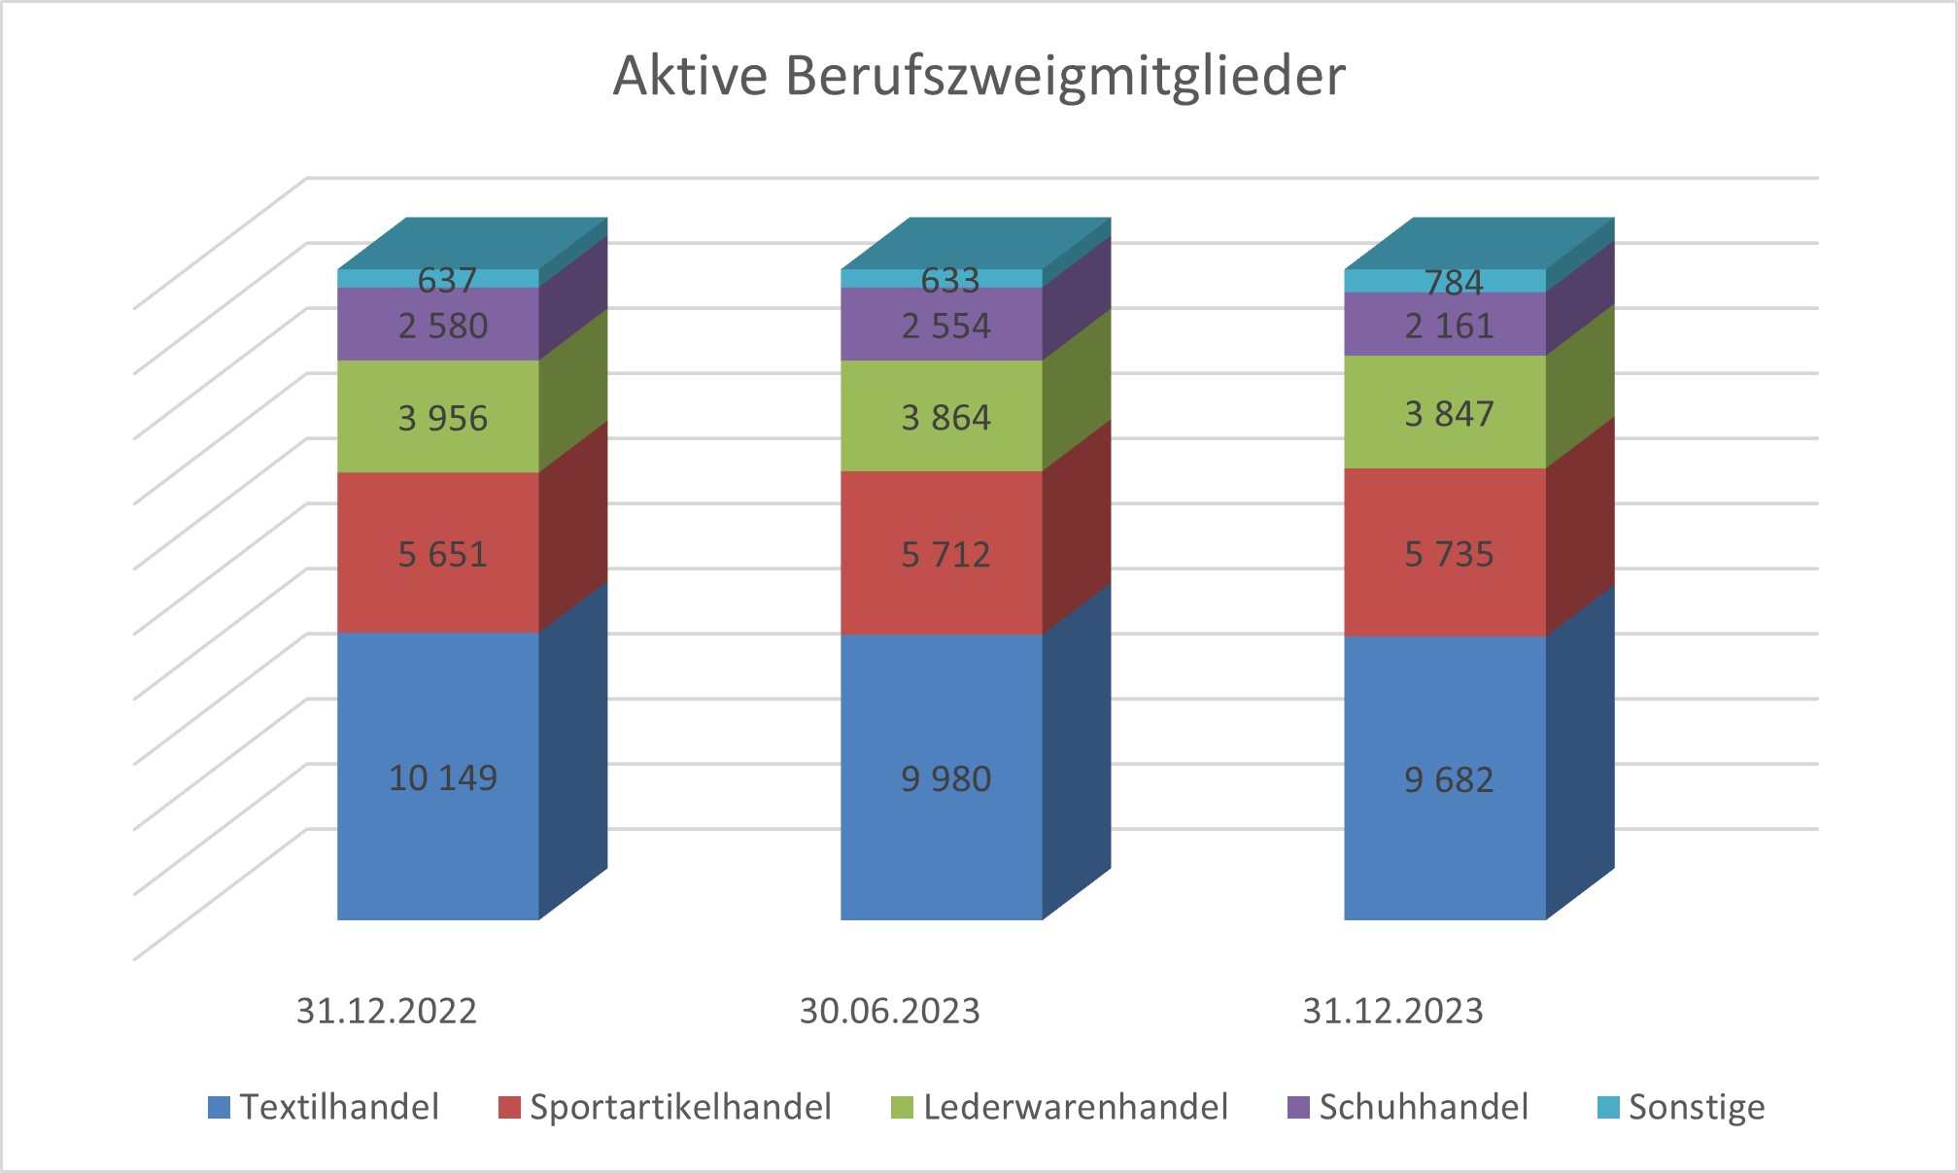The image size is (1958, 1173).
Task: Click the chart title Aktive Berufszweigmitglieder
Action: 979,76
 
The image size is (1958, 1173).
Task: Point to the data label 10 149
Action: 442,778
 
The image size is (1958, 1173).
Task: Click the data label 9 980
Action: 945,779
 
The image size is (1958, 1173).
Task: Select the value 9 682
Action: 1448,780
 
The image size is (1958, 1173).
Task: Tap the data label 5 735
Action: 1448,555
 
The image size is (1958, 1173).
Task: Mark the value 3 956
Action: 442,419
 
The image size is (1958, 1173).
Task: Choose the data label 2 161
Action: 1448,326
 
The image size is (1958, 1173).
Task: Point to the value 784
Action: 1453,283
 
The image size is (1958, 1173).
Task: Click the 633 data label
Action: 949,281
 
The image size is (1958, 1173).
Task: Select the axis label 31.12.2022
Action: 386,1012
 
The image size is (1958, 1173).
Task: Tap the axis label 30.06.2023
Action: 889,1012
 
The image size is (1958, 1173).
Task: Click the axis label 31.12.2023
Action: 1392,1012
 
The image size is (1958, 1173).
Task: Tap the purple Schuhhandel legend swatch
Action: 1298,1107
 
